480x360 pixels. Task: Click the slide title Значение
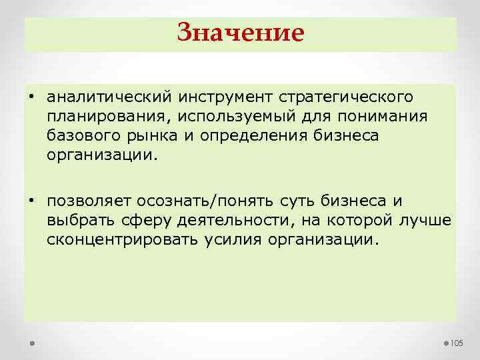pyautogui.click(x=240, y=32)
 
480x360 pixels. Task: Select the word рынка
pyautogui.click(x=146, y=137)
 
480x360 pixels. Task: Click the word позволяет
pyautogui.click(x=89, y=201)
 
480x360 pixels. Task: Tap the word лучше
pyautogui.click(x=427, y=221)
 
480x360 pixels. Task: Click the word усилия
pyautogui.click(x=232, y=240)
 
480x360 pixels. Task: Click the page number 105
pyautogui.click(x=457, y=343)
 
